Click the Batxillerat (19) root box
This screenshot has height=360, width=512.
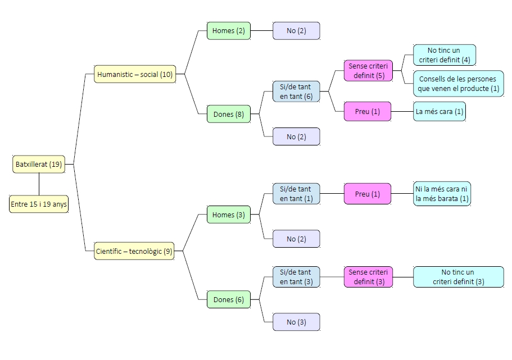point(39,165)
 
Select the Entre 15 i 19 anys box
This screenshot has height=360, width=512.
point(39,204)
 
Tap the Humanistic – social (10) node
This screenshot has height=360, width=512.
point(135,74)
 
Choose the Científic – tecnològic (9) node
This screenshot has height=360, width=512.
point(134,252)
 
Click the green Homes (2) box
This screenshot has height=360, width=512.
point(229,31)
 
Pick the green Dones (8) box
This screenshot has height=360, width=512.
point(229,115)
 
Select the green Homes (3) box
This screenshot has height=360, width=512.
point(229,215)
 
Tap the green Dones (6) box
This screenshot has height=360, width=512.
point(229,300)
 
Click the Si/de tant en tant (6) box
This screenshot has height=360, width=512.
point(296,92)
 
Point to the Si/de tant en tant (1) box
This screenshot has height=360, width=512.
point(296,194)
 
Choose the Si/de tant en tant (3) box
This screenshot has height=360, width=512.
point(296,277)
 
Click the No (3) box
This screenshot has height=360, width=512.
point(296,322)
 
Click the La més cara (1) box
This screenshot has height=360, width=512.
point(439,111)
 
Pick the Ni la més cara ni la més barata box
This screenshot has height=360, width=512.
point(442,194)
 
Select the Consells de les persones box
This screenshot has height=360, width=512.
point(458,84)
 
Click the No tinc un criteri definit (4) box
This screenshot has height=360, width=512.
point(444,55)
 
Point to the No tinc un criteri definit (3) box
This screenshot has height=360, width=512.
point(458,277)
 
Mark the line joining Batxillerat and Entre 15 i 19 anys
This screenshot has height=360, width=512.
point(39,184)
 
